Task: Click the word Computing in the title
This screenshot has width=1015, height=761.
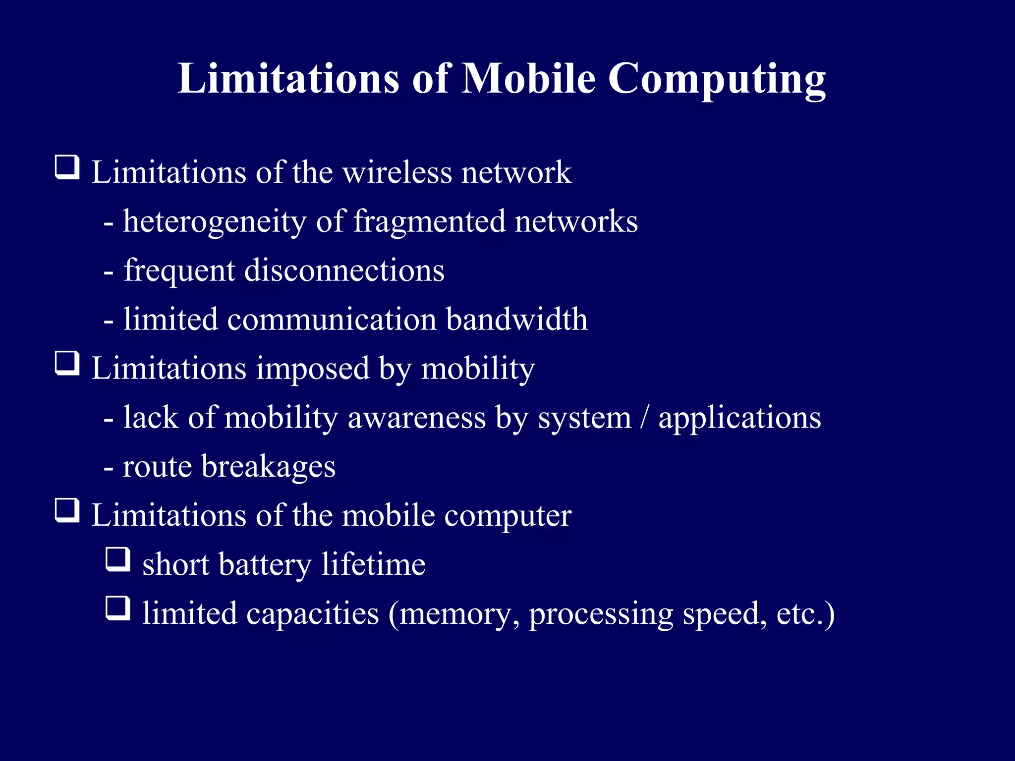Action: (717, 79)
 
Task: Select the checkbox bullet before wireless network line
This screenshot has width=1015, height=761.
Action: (67, 167)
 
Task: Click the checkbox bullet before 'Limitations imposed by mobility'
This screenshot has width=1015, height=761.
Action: (67, 364)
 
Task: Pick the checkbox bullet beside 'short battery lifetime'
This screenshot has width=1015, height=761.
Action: (118, 560)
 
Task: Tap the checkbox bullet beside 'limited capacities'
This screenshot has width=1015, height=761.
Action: (118, 609)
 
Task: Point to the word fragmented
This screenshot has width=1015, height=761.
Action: (429, 221)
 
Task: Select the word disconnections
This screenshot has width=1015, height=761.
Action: (344, 271)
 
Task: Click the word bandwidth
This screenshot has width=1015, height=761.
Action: (516, 319)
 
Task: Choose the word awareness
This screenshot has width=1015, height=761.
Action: (417, 417)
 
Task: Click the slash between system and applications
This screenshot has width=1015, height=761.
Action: (644, 417)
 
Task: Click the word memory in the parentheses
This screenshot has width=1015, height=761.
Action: (455, 614)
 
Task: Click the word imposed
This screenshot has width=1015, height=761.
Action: (313, 369)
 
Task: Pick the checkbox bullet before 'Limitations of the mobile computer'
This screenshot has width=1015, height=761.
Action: (67, 511)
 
